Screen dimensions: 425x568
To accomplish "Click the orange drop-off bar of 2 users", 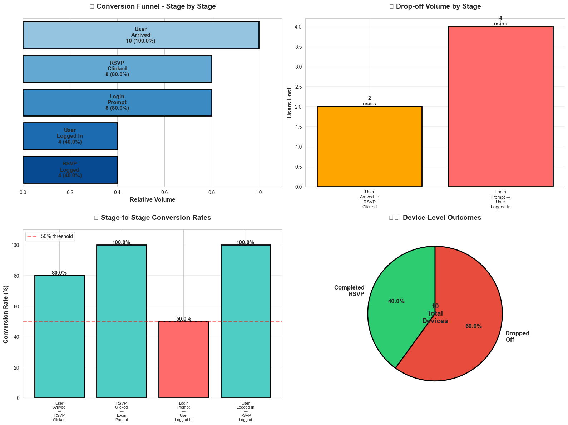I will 369,147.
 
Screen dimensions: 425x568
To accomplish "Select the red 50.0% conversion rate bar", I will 183,359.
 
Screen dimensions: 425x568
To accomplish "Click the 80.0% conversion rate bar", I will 59,336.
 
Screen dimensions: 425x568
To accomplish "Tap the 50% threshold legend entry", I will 50,236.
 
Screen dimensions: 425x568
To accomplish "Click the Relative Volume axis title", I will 152,200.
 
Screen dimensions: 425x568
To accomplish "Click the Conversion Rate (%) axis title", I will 6,314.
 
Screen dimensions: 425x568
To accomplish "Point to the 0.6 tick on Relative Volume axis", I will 164,192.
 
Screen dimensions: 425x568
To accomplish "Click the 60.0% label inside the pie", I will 473,326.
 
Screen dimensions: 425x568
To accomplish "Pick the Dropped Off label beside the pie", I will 517,337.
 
